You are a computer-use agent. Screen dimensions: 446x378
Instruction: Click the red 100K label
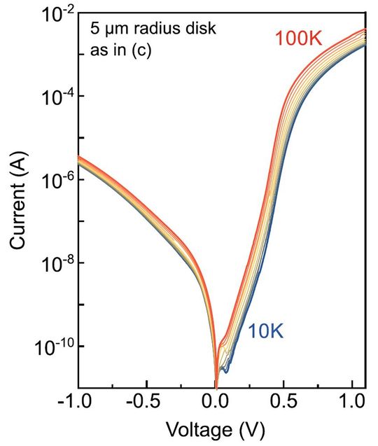pos(298,39)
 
